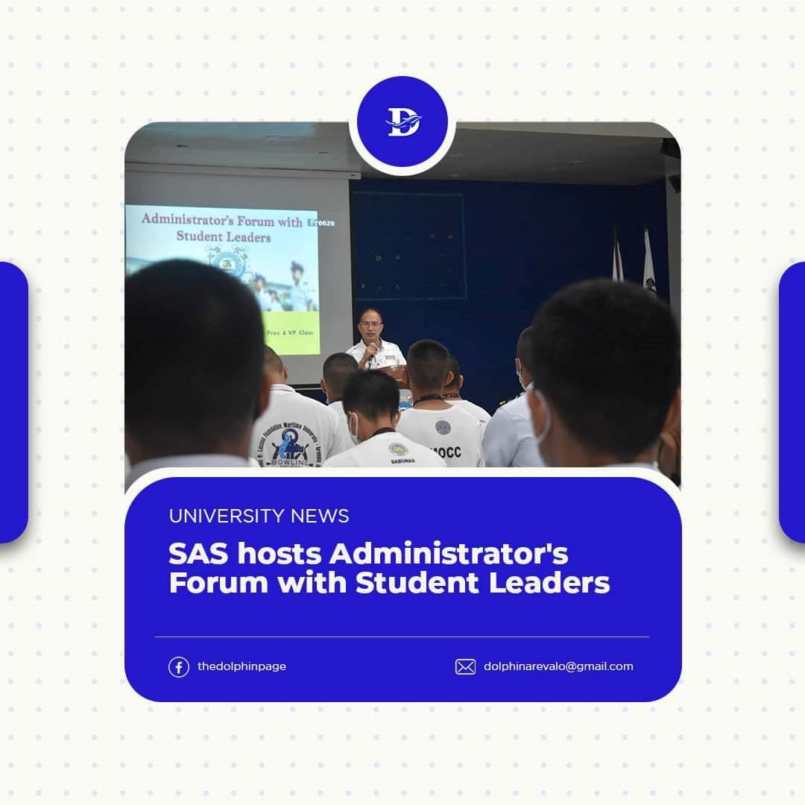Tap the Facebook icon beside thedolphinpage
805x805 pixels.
(x=178, y=666)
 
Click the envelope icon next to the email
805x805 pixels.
(x=465, y=666)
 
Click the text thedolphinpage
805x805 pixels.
(x=241, y=666)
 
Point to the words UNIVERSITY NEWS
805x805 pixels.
(x=259, y=516)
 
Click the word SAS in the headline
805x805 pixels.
(x=195, y=555)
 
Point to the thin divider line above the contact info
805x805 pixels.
(x=402, y=637)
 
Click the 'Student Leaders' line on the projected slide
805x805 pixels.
(x=224, y=236)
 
